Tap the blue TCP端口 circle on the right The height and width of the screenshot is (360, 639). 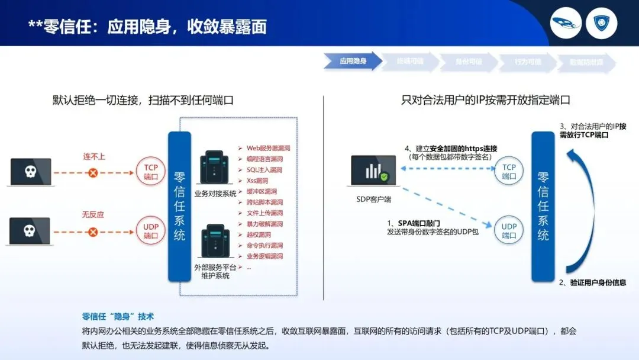(x=509, y=172)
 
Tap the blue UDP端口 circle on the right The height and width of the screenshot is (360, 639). (x=509, y=231)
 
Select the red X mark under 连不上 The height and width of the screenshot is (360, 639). (x=93, y=173)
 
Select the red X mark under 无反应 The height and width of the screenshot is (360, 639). (x=93, y=231)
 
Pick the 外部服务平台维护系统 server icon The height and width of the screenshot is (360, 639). (x=215, y=240)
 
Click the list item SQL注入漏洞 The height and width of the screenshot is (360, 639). (x=264, y=170)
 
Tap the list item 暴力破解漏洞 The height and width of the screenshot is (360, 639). (x=264, y=224)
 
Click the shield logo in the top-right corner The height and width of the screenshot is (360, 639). (x=602, y=24)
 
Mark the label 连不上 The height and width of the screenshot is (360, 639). (x=93, y=157)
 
